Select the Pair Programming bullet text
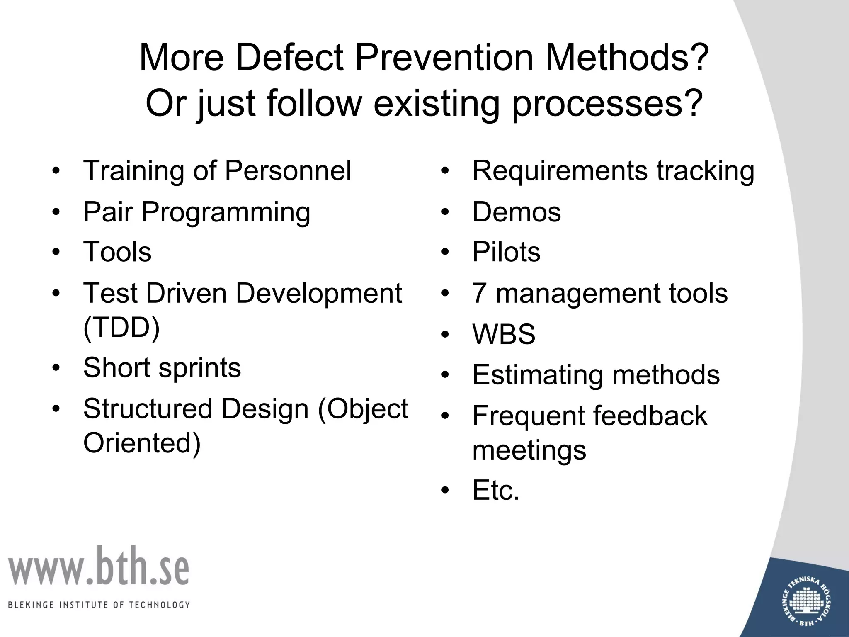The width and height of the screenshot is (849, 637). coord(196,212)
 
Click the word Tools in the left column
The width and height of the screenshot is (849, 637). coord(117,252)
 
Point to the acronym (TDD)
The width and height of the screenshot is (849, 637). coord(121,328)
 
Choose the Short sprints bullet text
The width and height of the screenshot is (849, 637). coord(162,367)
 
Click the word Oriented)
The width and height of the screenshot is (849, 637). coord(142,442)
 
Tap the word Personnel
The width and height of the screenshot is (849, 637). coord(288,170)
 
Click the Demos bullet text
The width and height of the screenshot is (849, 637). coord(516,212)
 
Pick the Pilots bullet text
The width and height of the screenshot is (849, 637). coord(506,252)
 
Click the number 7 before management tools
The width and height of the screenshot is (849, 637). coord(479,293)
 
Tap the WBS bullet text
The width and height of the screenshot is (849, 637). coord(504,334)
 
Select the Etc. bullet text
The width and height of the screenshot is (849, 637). coord(496,490)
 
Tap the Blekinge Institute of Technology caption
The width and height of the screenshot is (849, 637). coord(99,605)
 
